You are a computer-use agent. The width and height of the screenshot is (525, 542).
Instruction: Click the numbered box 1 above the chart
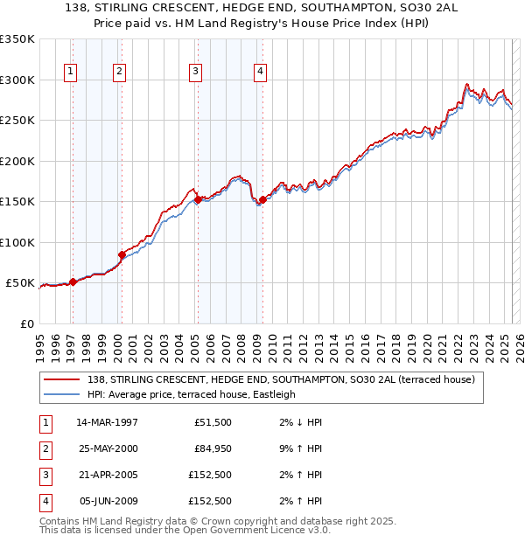click(x=69, y=72)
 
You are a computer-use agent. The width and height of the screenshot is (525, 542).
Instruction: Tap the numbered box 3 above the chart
click(x=195, y=72)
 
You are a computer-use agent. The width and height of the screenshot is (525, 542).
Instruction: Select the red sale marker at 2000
click(x=122, y=254)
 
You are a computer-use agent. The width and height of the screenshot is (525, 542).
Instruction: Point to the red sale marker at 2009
click(x=262, y=200)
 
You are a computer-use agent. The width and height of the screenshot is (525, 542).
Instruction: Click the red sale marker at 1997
click(x=73, y=281)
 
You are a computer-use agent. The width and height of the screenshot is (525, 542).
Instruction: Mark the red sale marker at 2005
click(x=199, y=199)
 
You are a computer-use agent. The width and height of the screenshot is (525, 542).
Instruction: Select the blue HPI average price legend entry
click(x=192, y=394)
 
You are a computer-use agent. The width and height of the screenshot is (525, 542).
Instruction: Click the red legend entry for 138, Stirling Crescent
click(x=280, y=379)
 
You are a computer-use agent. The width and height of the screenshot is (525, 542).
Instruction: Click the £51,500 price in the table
click(x=213, y=422)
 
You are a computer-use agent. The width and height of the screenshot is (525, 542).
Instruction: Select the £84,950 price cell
click(x=213, y=448)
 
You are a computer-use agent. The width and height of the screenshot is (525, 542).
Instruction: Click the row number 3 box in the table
click(x=44, y=475)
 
